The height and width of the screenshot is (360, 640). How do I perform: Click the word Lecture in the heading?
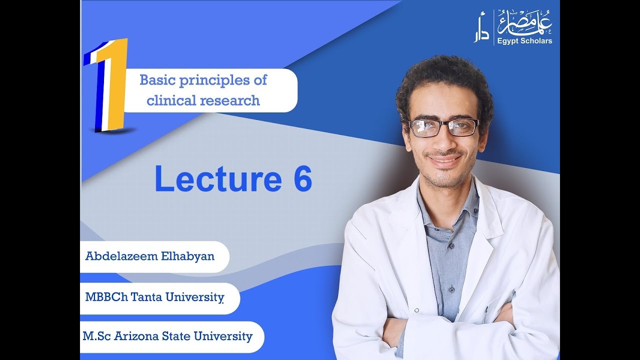tap(218, 179)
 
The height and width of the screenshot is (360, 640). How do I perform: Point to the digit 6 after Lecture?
tap(302, 179)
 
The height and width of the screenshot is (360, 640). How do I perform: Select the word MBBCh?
tap(103, 297)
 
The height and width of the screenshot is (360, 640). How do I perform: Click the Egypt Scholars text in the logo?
tap(524, 41)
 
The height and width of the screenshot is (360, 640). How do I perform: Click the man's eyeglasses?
tap(443, 127)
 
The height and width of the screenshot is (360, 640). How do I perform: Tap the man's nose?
tap(444, 142)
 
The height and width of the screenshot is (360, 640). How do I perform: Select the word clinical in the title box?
tap(171, 100)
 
